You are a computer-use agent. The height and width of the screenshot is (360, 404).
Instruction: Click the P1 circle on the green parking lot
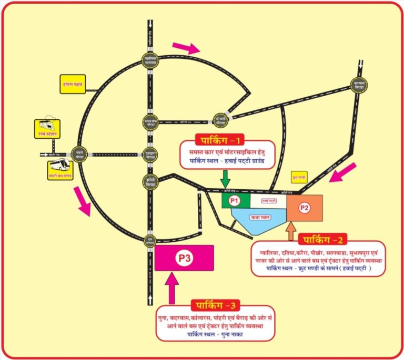235,201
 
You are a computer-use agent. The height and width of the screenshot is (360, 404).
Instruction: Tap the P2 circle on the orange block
304,208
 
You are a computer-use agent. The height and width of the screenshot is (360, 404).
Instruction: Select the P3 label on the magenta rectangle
184,258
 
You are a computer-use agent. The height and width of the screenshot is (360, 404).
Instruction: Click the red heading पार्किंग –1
221,140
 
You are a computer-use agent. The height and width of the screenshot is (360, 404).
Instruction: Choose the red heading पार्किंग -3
215,305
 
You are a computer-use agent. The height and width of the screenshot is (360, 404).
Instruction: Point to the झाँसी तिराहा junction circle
151,181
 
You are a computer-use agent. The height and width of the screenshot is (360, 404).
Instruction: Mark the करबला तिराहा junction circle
357,84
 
